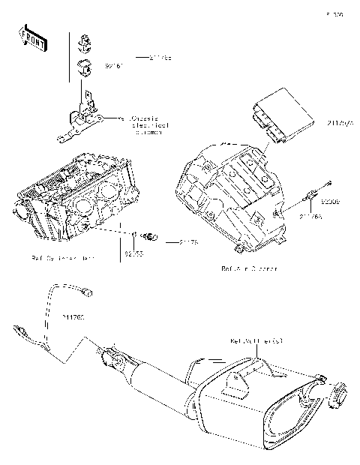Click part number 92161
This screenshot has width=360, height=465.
[x=113, y=67]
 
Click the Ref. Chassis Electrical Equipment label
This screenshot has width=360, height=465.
[x=147, y=124]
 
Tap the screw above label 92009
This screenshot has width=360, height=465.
[x=328, y=184]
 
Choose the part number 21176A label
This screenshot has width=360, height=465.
[x=310, y=217]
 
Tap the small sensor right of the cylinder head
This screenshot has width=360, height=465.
[x=151, y=238]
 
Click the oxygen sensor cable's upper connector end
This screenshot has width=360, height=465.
[x=89, y=289]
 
